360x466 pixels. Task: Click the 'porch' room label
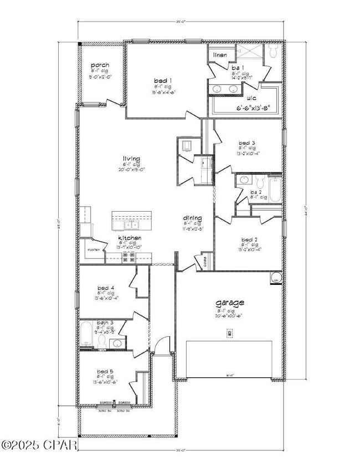point(100,65)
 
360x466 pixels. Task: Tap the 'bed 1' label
point(162,81)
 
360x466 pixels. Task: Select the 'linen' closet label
point(220,55)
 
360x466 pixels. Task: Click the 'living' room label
point(131,159)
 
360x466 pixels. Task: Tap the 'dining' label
point(193,218)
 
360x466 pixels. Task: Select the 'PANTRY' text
point(93,250)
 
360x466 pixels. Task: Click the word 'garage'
point(229,303)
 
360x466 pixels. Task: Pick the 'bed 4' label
point(105,288)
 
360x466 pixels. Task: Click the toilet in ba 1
point(273,52)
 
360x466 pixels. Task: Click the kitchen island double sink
point(131,224)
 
